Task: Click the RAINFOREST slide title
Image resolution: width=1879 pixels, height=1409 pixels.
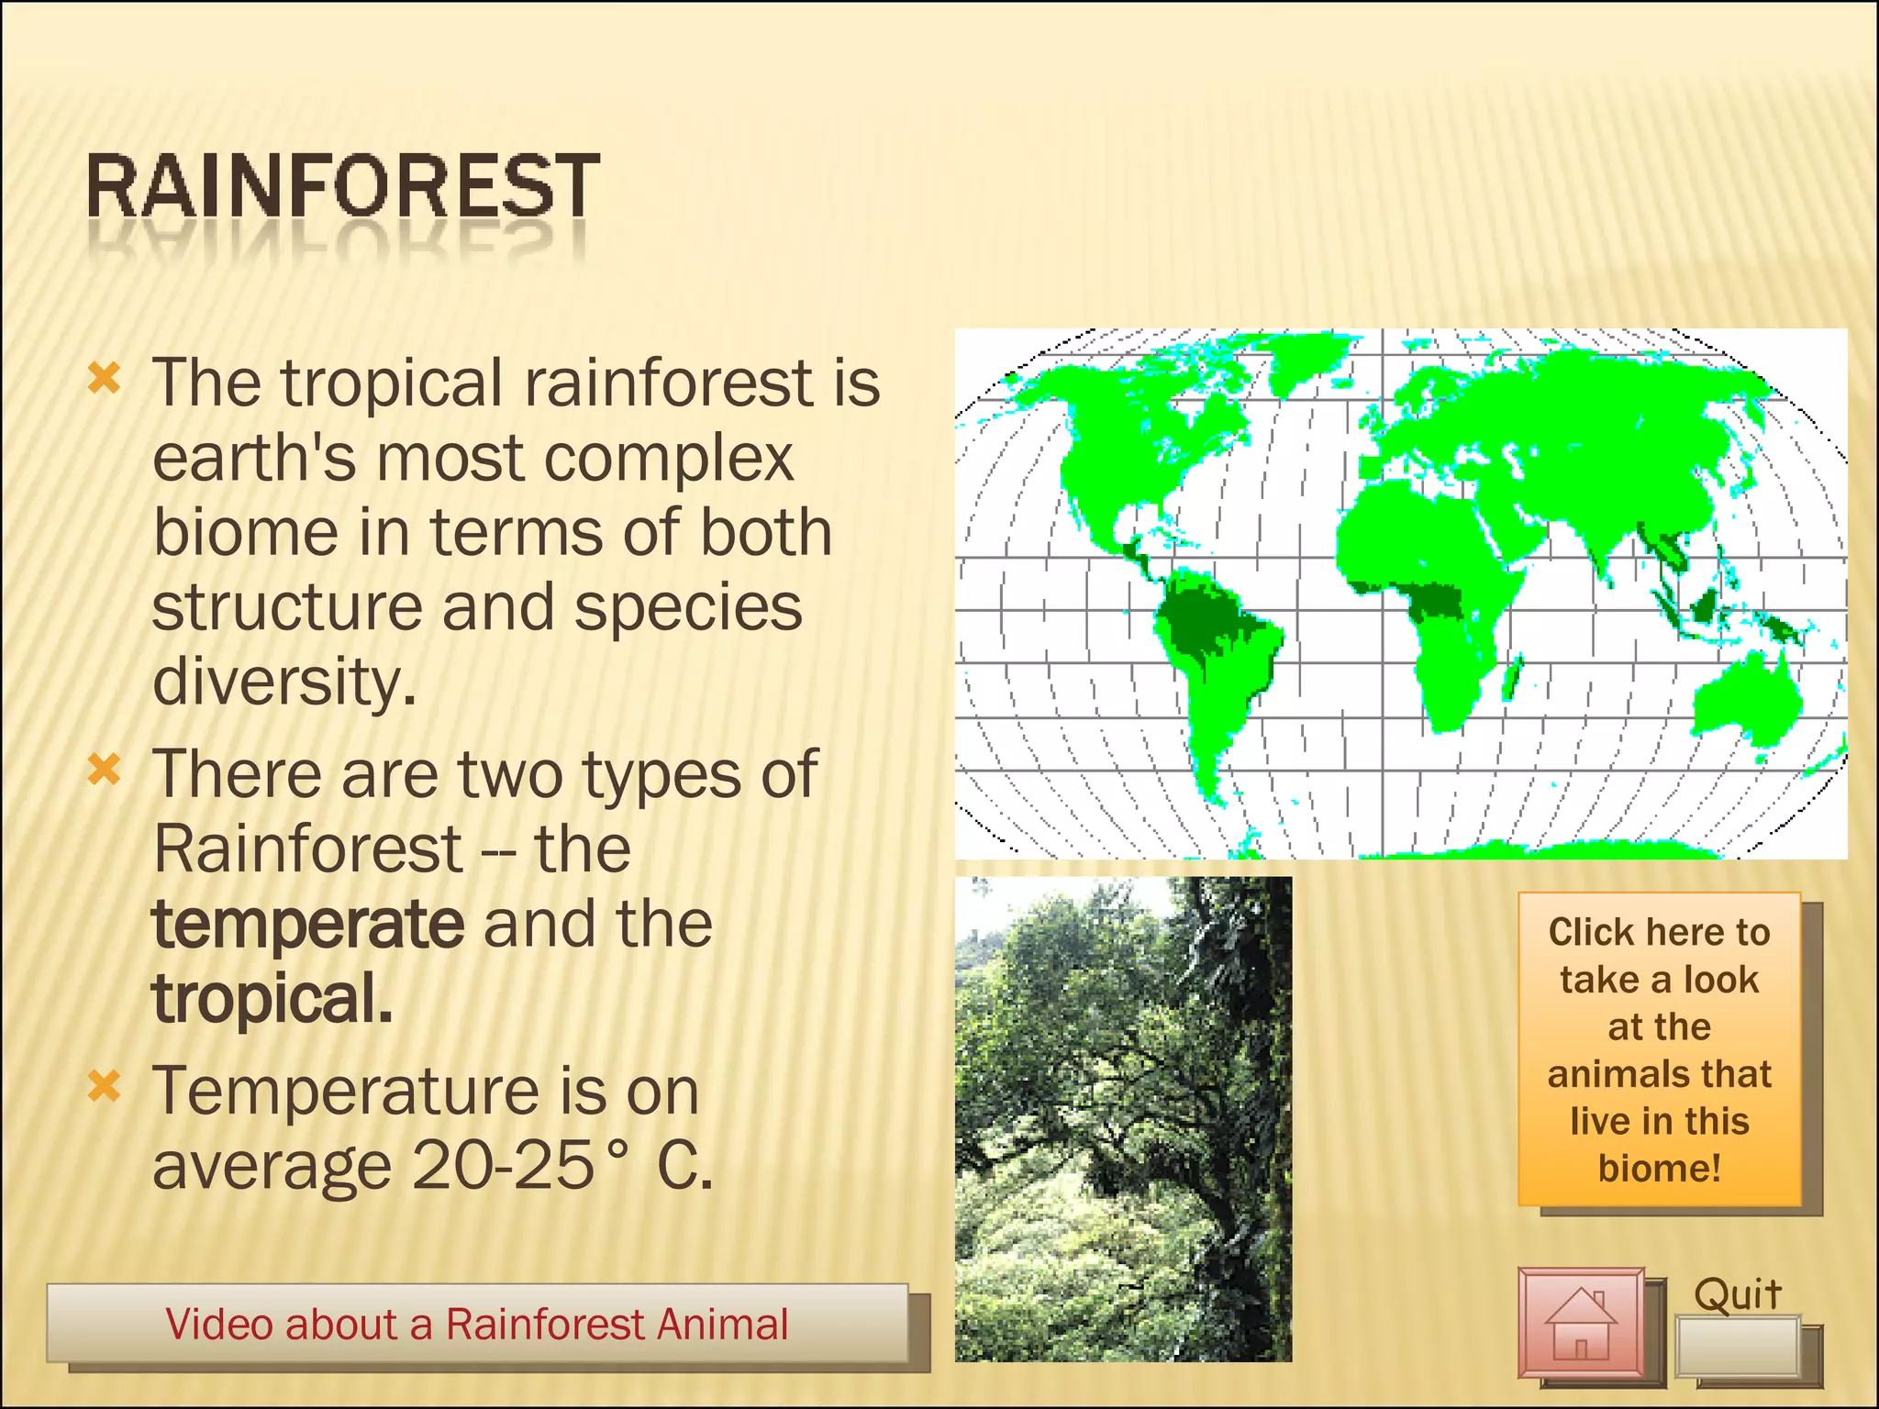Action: [x=342, y=187]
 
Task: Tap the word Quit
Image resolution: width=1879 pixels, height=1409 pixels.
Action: [x=1737, y=1294]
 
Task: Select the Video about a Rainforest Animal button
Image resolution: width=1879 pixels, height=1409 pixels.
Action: [x=477, y=1324]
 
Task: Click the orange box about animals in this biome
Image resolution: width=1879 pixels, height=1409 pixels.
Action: [x=1659, y=1048]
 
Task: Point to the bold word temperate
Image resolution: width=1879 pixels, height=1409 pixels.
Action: [x=308, y=924]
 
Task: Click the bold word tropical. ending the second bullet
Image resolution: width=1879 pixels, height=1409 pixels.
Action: [x=272, y=999]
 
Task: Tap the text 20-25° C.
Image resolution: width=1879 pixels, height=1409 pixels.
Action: [x=561, y=1166]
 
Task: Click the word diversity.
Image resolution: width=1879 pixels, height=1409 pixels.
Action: [x=284, y=682]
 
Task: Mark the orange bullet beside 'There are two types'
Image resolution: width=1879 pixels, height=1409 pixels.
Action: [x=105, y=770]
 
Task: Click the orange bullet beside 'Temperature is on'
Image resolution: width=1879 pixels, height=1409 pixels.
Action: [x=105, y=1087]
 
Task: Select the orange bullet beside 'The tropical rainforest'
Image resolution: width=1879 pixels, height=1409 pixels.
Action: [x=105, y=378]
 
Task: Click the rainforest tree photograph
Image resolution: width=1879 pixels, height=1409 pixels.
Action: [x=1123, y=1118]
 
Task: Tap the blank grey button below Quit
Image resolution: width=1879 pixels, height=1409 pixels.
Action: [x=1737, y=1347]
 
